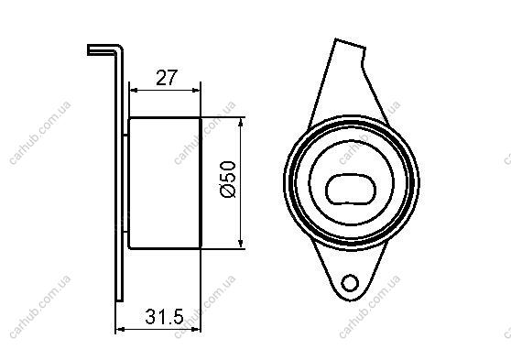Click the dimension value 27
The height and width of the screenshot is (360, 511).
166,78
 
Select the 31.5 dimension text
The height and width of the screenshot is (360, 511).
164,316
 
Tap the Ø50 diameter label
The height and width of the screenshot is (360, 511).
228,179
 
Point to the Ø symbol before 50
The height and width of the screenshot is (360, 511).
228,191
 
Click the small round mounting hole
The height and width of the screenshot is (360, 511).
350,282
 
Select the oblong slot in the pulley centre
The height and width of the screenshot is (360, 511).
351,190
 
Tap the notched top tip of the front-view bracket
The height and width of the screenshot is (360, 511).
350,44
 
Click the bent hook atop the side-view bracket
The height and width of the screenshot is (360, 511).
105,49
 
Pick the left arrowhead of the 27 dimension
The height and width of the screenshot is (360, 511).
133,91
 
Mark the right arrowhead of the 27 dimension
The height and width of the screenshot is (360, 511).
197,91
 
